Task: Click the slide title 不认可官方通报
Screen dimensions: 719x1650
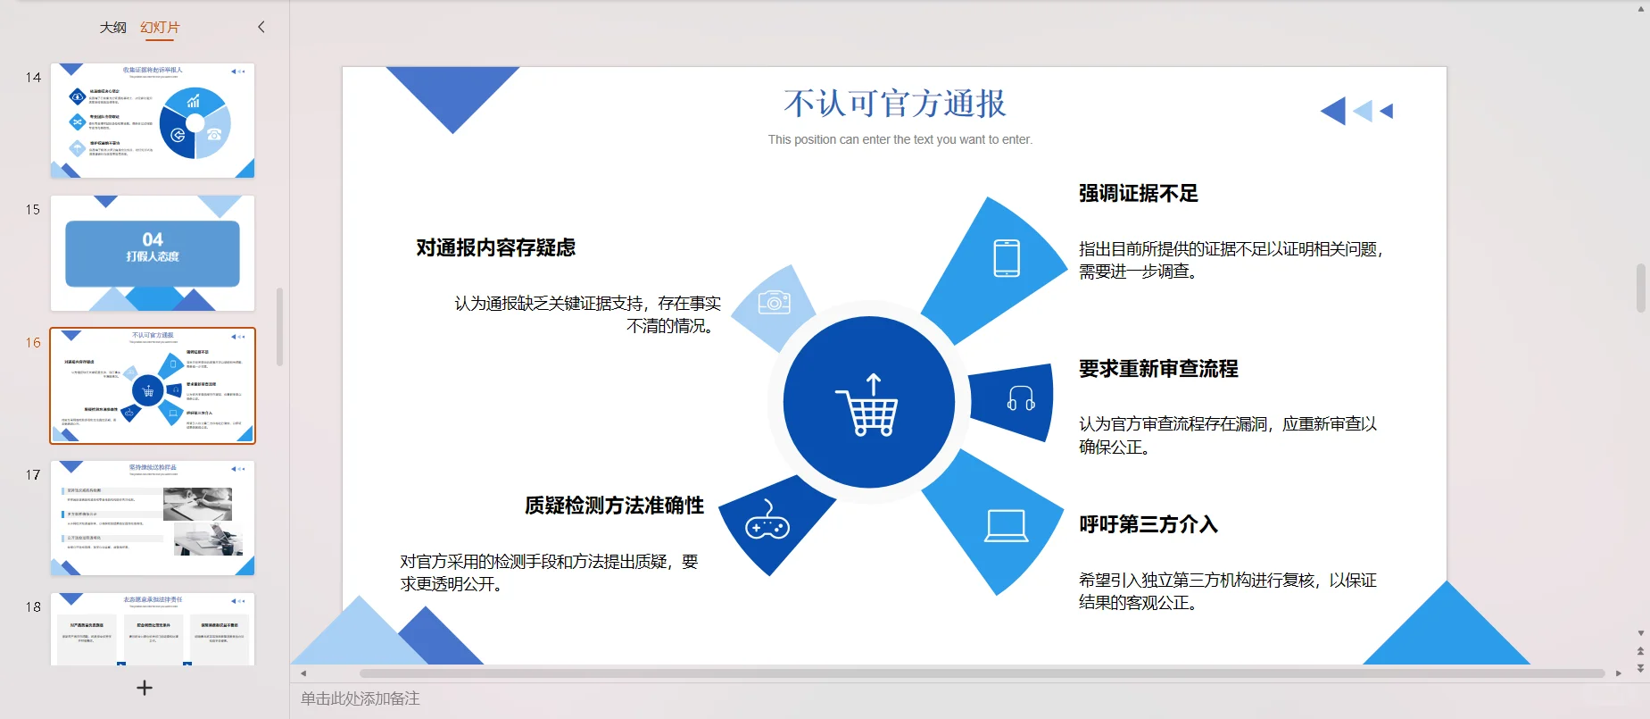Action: click(x=895, y=104)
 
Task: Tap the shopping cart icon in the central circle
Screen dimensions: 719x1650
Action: click(x=868, y=405)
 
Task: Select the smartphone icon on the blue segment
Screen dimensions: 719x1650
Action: click(x=1007, y=259)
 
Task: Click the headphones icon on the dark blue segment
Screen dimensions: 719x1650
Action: click(x=1020, y=398)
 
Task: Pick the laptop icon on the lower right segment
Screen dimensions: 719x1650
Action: click(x=1006, y=526)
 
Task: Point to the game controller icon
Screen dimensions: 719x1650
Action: click(x=767, y=522)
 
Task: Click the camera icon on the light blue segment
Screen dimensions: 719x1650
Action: click(x=774, y=303)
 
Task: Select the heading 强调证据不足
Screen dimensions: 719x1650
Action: click(x=1138, y=194)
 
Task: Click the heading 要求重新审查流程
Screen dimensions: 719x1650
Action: click(x=1157, y=369)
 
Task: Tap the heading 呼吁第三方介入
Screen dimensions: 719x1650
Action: click(x=1148, y=524)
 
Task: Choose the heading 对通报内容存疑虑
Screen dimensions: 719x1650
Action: click(x=495, y=248)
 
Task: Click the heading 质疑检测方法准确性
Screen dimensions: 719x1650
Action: click(x=614, y=506)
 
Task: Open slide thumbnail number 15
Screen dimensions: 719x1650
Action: click(x=153, y=253)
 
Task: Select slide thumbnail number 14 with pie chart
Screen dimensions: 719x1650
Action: click(x=153, y=121)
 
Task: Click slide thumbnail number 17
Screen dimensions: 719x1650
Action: click(x=153, y=518)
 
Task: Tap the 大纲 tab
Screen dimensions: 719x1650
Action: click(x=112, y=28)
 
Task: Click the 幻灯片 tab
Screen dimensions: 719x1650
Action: click(x=160, y=28)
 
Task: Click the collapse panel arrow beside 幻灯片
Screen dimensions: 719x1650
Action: click(x=261, y=27)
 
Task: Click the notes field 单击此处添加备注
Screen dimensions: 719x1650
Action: click(x=361, y=698)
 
